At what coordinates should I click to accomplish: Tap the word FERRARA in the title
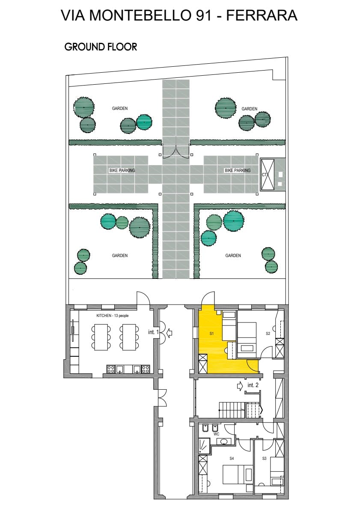[262, 15]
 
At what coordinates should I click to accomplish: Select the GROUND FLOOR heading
[101, 47]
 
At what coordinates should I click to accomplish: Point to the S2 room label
[268, 333]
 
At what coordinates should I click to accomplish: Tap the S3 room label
[264, 459]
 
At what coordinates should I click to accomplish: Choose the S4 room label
[232, 459]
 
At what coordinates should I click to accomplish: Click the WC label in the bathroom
[217, 434]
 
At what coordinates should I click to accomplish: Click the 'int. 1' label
[153, 332]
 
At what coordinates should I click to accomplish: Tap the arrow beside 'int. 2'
[240, 386]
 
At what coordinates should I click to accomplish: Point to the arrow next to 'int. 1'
[169, 332]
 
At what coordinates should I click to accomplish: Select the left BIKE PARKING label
[122, 170]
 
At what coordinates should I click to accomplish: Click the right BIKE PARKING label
[238, 170]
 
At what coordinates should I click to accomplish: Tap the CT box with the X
[267, 174]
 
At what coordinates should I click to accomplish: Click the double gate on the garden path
[176, 153]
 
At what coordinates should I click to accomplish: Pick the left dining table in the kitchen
[101, 337]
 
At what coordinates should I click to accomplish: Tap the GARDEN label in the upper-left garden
[120, 108]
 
